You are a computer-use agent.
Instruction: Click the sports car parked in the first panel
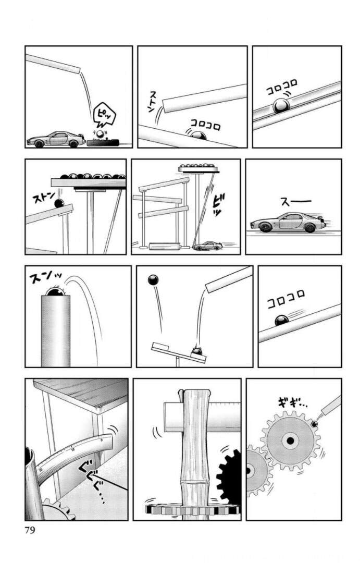coord(55,139)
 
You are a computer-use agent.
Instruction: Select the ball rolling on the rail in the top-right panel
coord(281,106)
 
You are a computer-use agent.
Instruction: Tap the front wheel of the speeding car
coord(265,228)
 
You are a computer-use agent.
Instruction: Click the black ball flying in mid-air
coord(153,281)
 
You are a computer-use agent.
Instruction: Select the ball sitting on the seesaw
coord(197,353)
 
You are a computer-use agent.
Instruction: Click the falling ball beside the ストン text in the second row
coord(59,204)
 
